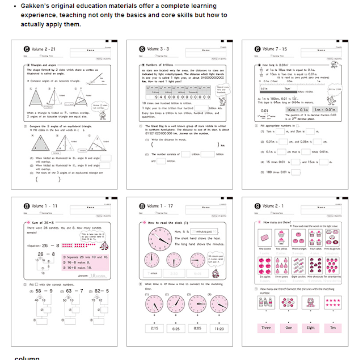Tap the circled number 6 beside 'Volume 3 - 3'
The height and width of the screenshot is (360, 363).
[x=142, y=49]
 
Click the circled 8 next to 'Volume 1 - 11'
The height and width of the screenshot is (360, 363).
[x=26, y=206]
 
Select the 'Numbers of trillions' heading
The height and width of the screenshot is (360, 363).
[x=159, y=66]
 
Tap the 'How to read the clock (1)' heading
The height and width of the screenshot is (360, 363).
[x=167, y=223]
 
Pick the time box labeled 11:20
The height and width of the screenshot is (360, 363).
[x=218, y=328]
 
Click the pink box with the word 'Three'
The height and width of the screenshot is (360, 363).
[x=265, y=328]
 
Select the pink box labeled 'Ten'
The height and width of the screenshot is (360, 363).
[x=332, y=328]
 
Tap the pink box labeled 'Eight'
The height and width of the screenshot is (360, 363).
[x=310, y=328]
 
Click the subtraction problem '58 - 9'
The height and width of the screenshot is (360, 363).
[x=44, y=290]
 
